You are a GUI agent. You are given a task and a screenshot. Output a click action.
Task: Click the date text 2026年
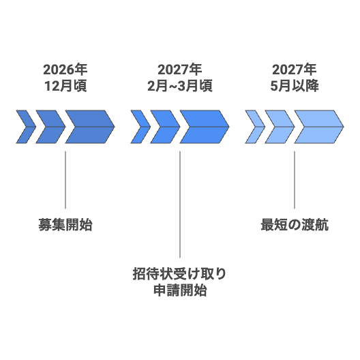65,70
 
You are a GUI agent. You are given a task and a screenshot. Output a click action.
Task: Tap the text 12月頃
65,86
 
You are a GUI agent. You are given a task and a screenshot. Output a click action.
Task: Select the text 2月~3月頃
180,86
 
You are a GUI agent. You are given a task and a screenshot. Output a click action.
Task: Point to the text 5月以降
295,86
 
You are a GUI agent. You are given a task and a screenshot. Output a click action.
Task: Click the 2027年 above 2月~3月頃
180,70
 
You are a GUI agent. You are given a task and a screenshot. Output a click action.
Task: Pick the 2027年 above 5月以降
295,70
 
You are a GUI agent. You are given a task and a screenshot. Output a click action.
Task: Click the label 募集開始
65,224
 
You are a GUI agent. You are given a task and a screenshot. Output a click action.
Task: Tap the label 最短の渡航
295,224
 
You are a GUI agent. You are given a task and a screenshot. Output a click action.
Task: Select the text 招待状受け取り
180,273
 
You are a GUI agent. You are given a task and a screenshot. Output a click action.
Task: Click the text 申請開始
180,290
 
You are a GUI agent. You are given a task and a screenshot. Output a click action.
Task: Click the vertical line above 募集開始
65,180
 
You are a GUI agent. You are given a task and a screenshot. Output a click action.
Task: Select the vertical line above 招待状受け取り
180,205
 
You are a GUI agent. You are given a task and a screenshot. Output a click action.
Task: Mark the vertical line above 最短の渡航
295,180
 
